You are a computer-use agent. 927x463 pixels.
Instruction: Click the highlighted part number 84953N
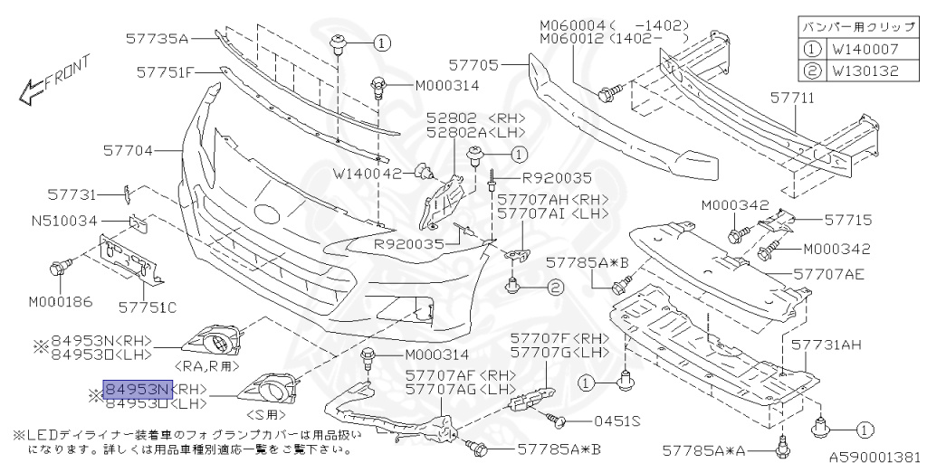tap(137, 390)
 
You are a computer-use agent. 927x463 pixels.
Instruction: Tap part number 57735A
tap(157, 38)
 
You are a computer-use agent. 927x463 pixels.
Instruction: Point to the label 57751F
tap(166, 71)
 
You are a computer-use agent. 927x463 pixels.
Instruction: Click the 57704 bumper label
tap(129, 151)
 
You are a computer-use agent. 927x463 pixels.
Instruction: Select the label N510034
tap(66, 219)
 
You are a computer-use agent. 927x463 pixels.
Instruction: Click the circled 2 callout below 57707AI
tap(554, 288)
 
